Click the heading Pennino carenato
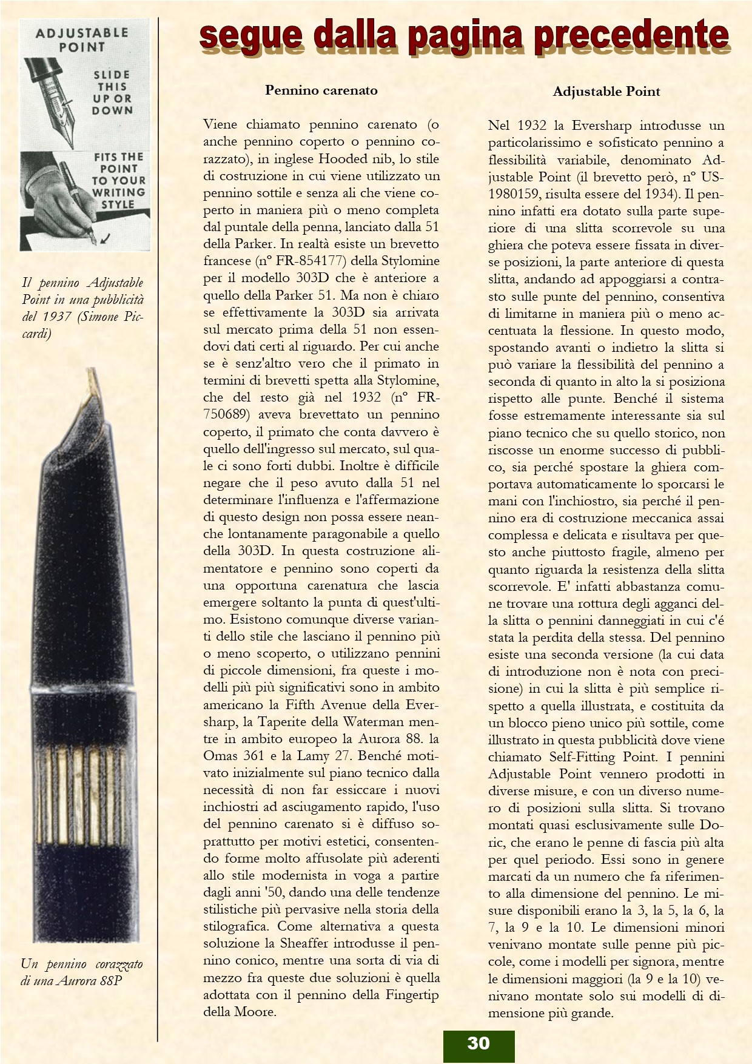point(321,90)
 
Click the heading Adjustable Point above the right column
point(606,92)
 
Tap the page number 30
point(478,1043)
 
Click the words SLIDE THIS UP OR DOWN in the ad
point(112,92)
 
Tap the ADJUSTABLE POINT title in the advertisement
point(82,39)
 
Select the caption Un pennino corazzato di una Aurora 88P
point(81,972)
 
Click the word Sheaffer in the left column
point(304,943)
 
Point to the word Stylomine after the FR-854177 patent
point(409,261)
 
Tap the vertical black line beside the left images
point(158,546)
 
